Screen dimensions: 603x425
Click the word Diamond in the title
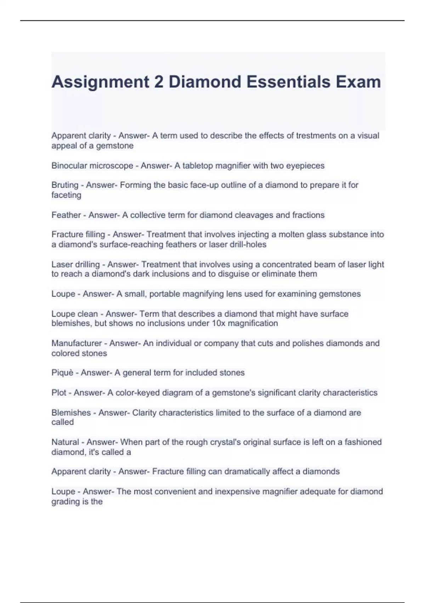tap(205, 82)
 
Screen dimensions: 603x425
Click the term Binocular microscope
tap(92, 166)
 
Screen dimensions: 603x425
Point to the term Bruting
tap(65, 185)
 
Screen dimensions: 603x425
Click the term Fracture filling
tap(78, 234)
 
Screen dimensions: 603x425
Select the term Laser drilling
tap(75, 265)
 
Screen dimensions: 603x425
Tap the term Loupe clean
tap(74, 314)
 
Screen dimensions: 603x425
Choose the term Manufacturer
tap(76, 343)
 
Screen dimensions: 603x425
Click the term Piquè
tap(62, 373)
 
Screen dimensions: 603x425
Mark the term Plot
tap(59, 393)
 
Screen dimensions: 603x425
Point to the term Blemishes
tap(71, 413)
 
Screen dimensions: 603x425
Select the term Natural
tap(65, 442)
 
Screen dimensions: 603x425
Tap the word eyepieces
tap(307, 166)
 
